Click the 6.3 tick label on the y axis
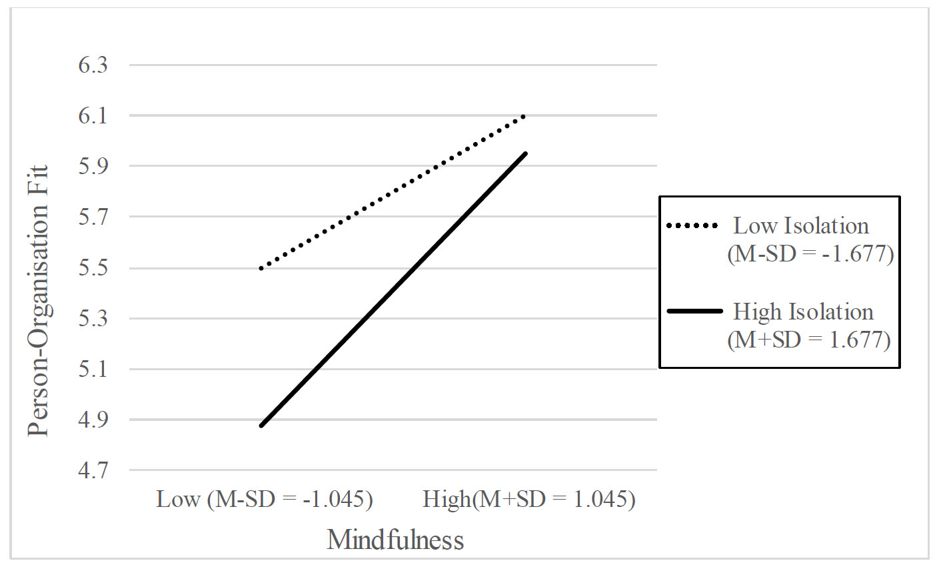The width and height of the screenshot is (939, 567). point(93,65)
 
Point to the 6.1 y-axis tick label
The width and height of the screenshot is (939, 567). point(93,116)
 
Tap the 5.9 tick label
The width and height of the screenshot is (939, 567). point(93,166)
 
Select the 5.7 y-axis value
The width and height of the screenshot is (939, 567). point(93,217)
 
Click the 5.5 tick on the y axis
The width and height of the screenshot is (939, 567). point(93,267)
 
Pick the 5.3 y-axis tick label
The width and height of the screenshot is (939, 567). point(93,319)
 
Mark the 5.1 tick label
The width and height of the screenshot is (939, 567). point(93,370)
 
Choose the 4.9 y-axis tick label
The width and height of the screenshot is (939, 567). point(93,420)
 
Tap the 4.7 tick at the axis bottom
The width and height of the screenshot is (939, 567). point(93,470)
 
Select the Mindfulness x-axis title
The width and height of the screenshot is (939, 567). point(395,540)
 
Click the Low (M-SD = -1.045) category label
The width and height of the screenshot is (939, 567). point(265,500)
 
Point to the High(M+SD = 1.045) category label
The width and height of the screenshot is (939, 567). point(529,500)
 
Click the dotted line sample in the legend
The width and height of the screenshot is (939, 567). point(692,225)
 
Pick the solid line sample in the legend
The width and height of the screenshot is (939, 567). point(694,312)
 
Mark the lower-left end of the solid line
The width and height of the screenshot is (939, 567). point(262,426)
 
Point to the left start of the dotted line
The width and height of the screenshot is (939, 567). point(261,268)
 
